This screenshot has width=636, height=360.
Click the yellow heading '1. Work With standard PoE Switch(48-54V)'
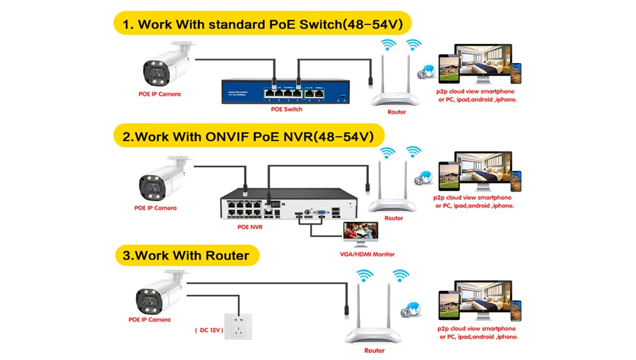[x=263, y=25]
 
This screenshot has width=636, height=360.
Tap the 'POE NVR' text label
[x=249, y=226]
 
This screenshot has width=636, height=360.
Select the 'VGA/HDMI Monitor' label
[x=367, y=254]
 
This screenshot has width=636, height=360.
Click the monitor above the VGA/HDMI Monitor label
[x=360, y=233]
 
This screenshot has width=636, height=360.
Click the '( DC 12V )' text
[x=208, y=330]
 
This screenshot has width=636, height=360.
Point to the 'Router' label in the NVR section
[x=394, y=218]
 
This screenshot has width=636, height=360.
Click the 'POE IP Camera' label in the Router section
[x=150, y=319]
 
